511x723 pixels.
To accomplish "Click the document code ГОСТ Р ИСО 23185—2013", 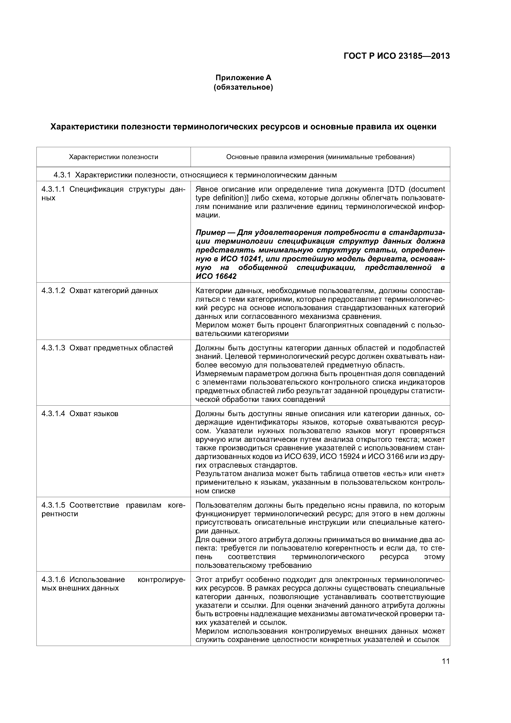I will point(396,56).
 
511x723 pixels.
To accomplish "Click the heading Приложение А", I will point(243,77).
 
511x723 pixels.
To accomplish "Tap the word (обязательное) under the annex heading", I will point(243,87).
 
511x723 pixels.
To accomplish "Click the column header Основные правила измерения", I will point(320,157).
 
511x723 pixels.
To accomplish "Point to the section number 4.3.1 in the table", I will point(62,175).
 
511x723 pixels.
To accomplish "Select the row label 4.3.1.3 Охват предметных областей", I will point(107,348).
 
